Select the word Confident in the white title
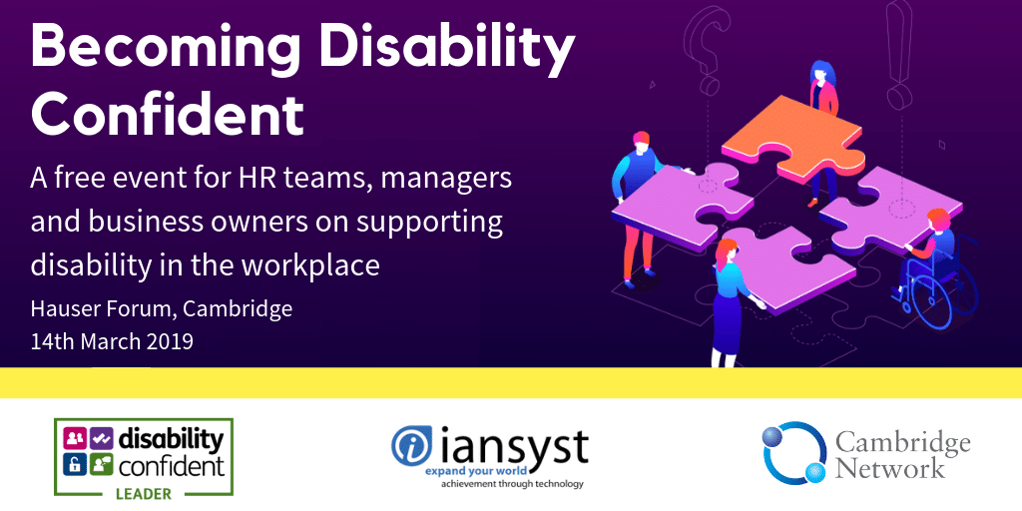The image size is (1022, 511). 167,114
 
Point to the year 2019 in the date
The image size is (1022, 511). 171,341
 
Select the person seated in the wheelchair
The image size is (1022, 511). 931,248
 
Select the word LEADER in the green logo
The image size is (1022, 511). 144,493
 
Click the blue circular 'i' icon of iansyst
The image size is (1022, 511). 412,445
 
